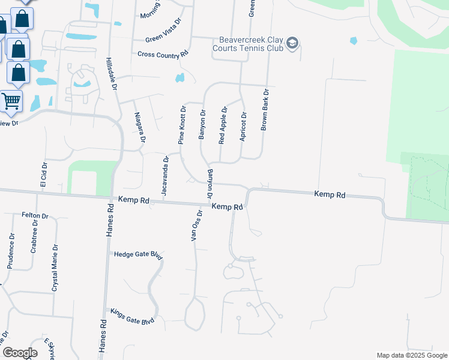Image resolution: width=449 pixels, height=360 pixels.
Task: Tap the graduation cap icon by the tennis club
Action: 292,43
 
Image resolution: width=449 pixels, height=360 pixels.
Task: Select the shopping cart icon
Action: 11,101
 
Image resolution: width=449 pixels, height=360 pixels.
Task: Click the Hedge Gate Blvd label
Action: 139,254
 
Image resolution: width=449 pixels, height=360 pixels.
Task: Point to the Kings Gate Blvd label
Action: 132,316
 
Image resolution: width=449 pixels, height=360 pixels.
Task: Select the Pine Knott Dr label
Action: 182,125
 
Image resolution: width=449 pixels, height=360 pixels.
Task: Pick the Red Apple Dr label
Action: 223,125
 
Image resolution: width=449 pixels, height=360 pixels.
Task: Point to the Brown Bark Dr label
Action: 264,110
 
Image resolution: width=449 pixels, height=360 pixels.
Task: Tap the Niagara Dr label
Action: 140,127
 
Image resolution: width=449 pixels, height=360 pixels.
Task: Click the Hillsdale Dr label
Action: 110,74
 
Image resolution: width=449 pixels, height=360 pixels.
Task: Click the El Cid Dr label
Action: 43,173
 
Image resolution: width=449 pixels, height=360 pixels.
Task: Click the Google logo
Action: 20,352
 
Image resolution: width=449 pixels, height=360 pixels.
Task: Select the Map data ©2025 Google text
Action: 411,355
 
